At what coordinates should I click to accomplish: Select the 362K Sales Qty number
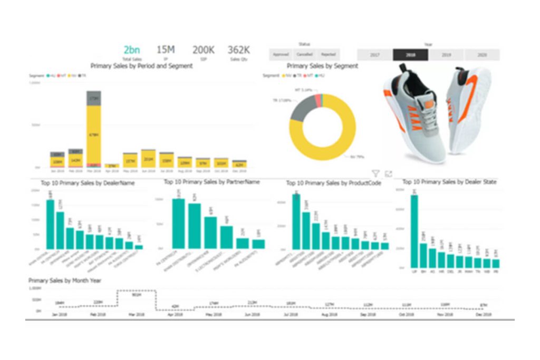click(238, 50)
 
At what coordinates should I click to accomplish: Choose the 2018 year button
click(410, 55)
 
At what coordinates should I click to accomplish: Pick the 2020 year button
click(482, 55)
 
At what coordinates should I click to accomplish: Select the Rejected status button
click(328, 54)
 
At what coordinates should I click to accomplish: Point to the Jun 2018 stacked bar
click(148, 159)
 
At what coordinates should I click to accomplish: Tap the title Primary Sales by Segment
click(322, 66)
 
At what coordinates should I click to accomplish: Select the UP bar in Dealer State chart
click(414, 231)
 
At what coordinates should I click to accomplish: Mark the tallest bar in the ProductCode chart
click(296, 221)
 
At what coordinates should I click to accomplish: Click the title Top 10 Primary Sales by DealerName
click(88, 183)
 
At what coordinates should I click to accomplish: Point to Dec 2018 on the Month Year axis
click(481, 315)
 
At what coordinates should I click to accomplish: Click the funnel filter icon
click(375, 173)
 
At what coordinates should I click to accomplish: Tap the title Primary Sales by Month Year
click(65, 281)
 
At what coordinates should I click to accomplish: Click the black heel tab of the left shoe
click(403, 68)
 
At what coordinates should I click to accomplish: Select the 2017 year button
click(375, 55)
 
